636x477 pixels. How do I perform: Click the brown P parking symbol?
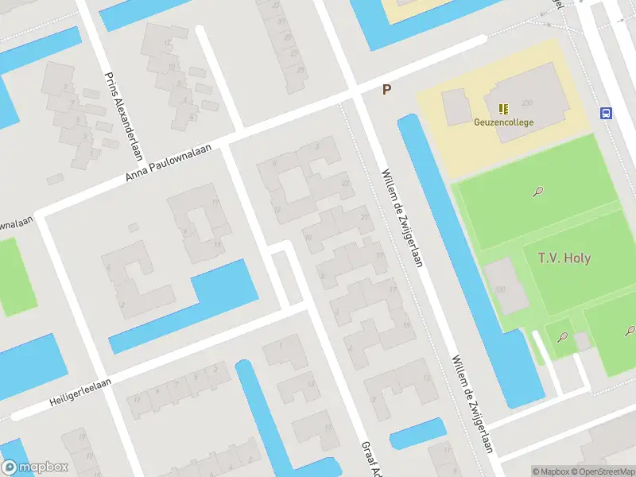tap(386, 90)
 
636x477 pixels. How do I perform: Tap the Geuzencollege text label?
tap(503, 122)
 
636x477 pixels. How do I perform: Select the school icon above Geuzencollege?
tap(503, 109)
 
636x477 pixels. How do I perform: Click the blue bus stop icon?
tap(607, 113)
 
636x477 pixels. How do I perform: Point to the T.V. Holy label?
tap(564, 258)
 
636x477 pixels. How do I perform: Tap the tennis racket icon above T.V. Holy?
tap(538, 192)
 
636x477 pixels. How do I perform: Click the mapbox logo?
tap(35, 467)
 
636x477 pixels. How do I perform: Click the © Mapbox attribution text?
tap(552, 471)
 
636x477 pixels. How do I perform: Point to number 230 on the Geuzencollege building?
tap(526, 103)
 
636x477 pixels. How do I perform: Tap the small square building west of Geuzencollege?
tap(456, 107)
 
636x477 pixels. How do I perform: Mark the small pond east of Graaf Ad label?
tap(417, 432)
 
